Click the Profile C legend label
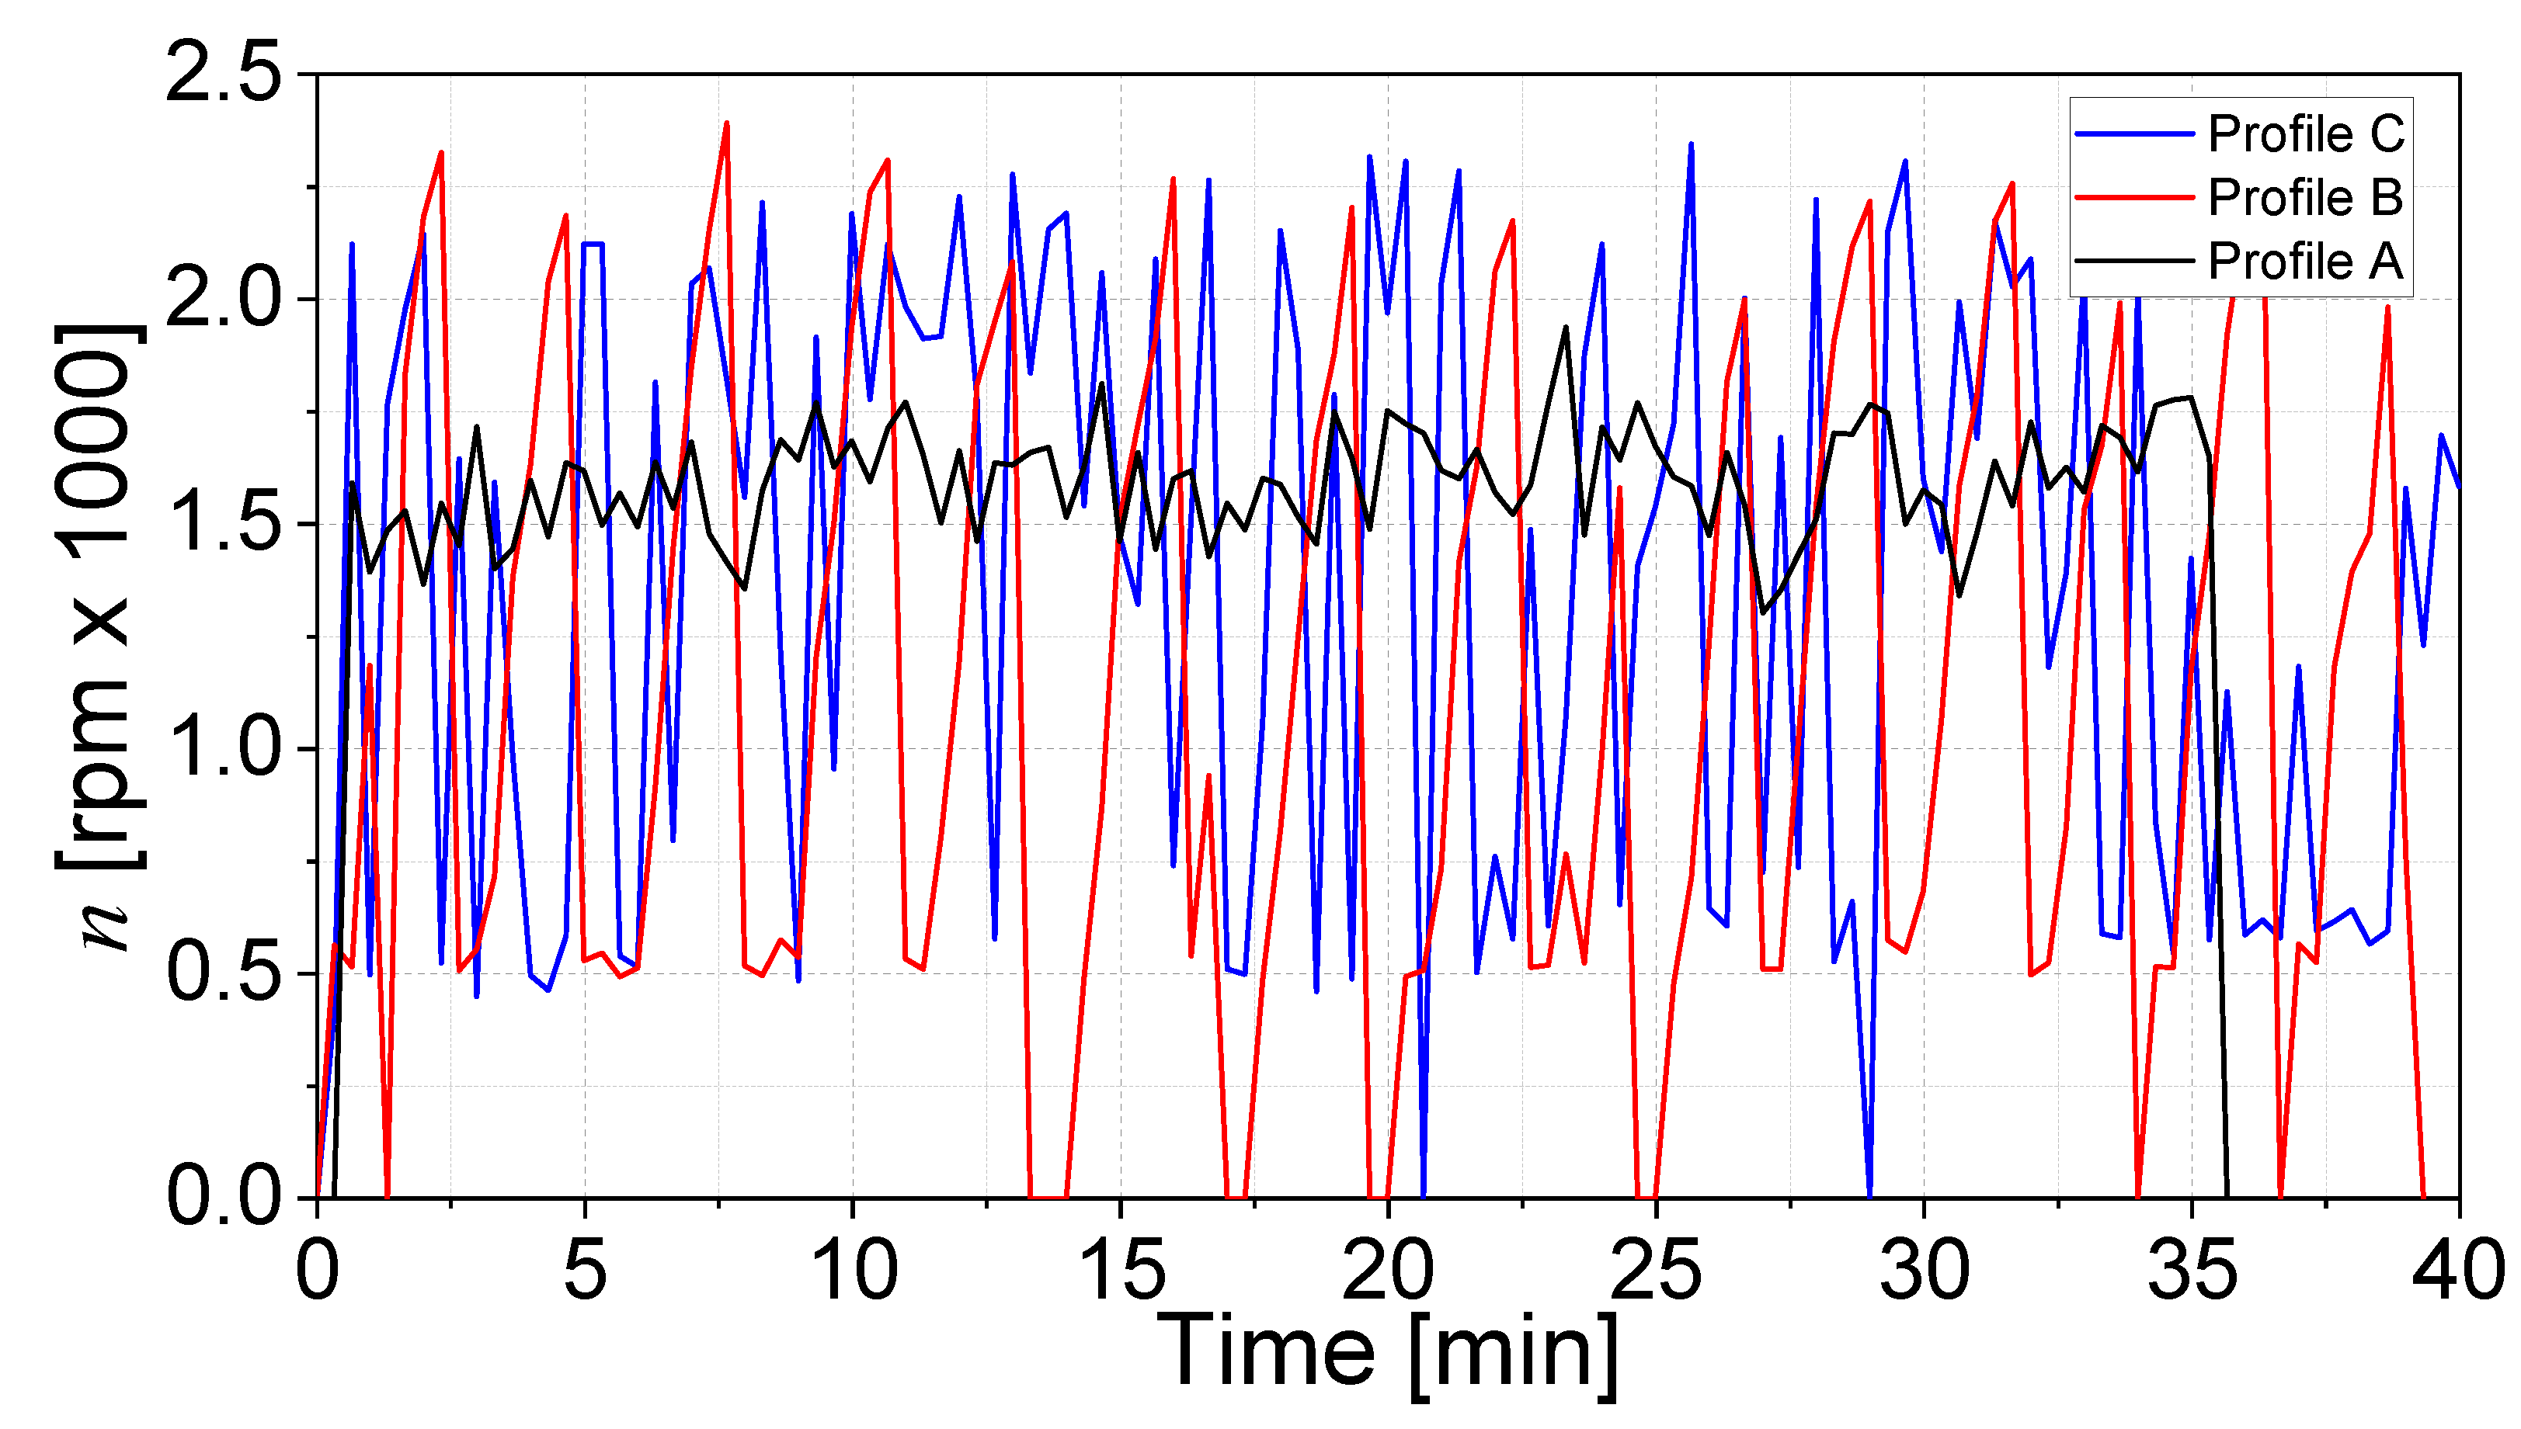click(x=2306, y=134)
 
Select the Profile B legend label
click(x=2306, y=197)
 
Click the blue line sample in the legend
click(x=2134, y=134)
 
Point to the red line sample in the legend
click(x=2134, y=197)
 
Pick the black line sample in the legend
click(x=2134, y=261)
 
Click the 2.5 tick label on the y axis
click(x=224, y=74)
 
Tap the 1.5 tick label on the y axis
click(x=224, y=523)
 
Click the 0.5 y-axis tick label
click(x=224, y=973)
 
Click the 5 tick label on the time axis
click(x=585, y=1271)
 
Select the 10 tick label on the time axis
click(x=852, y=1271)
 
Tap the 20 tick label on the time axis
click(x=1387, y=1271)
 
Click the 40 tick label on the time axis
click(x=2458, y=1271)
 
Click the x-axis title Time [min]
click(x=1387, y=1354)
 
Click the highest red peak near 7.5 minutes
click(x=726, y=123)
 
